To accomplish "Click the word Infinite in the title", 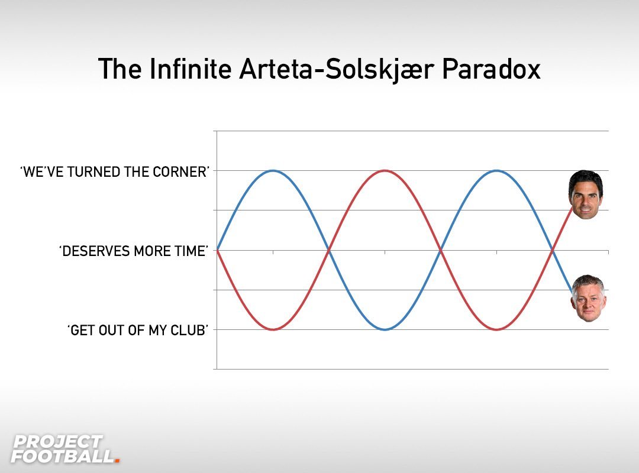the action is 191,69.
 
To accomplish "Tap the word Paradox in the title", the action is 491,69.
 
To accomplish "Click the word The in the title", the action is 120,69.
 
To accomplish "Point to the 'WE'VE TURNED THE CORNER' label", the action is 115,172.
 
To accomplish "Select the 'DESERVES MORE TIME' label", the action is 134,251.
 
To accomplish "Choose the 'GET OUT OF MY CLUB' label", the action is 138,330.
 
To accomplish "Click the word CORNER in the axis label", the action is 180,172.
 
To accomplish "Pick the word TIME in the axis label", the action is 191,251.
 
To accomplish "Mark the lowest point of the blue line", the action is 385,329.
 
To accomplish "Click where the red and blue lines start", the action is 217,250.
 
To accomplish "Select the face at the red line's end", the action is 586,195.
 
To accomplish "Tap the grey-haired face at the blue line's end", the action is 589,298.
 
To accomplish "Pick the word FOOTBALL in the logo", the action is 62,456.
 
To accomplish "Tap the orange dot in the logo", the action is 117,461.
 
